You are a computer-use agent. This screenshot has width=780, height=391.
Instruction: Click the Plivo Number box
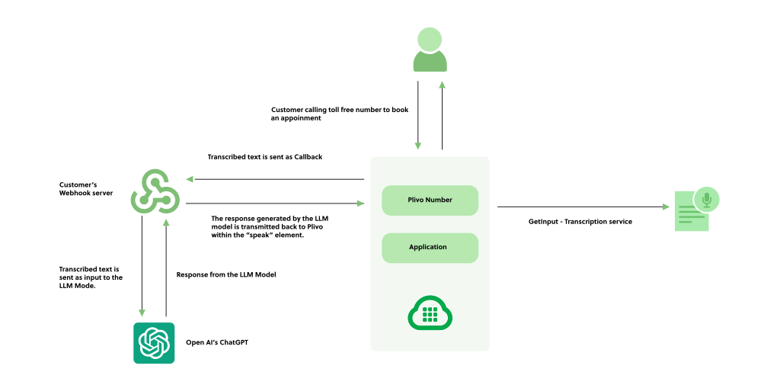430,200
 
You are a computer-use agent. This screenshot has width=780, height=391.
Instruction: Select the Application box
430,247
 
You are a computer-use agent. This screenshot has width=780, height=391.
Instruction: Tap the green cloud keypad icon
430,313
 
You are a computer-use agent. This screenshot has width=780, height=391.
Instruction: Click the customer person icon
430,50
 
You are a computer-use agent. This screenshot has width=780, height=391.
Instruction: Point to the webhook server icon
155,191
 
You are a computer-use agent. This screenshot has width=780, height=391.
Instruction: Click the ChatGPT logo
154,343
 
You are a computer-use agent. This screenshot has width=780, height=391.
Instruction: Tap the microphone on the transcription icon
706,200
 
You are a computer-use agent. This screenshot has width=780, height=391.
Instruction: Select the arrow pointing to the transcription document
583,207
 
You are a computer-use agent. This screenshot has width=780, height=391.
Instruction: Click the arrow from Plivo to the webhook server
275,179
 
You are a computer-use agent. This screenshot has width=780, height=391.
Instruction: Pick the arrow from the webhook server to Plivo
275,203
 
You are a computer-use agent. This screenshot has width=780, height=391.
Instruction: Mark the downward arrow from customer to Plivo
418,115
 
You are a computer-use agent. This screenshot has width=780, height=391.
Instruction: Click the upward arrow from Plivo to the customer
442,115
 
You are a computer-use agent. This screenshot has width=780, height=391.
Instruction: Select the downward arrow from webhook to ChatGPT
142,266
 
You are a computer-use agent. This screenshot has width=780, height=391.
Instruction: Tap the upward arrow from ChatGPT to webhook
166,268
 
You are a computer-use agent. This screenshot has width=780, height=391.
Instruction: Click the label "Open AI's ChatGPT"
217,342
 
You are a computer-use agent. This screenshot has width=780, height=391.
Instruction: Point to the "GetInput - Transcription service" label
580,222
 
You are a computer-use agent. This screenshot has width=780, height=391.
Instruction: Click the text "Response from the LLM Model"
226,274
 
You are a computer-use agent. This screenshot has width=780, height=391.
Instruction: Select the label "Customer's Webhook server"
86,189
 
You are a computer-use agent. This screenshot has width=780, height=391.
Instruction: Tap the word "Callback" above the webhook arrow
308,157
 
